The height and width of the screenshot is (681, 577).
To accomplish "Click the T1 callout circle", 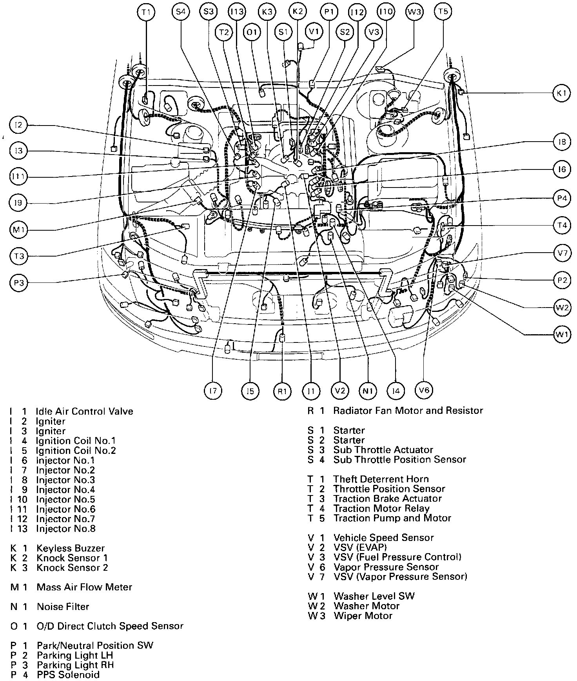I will [146, 12].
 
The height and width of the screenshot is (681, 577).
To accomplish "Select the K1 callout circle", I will [562, 93].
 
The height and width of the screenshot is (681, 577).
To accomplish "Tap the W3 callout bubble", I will [414, 12].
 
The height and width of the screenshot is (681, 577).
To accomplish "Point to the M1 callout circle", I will [18, 230].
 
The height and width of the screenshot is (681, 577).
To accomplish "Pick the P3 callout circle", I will [18, 283].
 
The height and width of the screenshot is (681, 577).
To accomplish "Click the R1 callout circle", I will [283, 391].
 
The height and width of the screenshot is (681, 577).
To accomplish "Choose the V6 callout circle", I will [424, 390].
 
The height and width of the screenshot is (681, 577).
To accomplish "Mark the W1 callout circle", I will [562, 335].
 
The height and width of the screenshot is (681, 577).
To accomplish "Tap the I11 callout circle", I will [18, 177].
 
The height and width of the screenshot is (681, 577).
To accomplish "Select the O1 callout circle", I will [252, 32].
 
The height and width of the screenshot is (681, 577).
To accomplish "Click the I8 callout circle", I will [562, 142].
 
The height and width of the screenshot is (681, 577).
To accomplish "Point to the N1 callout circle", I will [367, 391].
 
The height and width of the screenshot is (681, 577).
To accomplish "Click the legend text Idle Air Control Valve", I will [84, 412].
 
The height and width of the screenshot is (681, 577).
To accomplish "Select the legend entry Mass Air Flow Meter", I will [84, 587].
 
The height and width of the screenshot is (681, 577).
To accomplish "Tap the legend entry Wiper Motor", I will [363, 616].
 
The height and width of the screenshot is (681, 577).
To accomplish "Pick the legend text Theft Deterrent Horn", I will [381, 479].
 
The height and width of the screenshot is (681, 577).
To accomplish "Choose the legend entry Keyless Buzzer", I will [71, 548].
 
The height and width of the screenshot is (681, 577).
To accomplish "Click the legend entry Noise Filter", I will [63, 607].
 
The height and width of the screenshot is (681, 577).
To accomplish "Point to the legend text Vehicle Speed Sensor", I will [383, 538].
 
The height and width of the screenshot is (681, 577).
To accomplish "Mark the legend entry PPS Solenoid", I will [68, 675].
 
